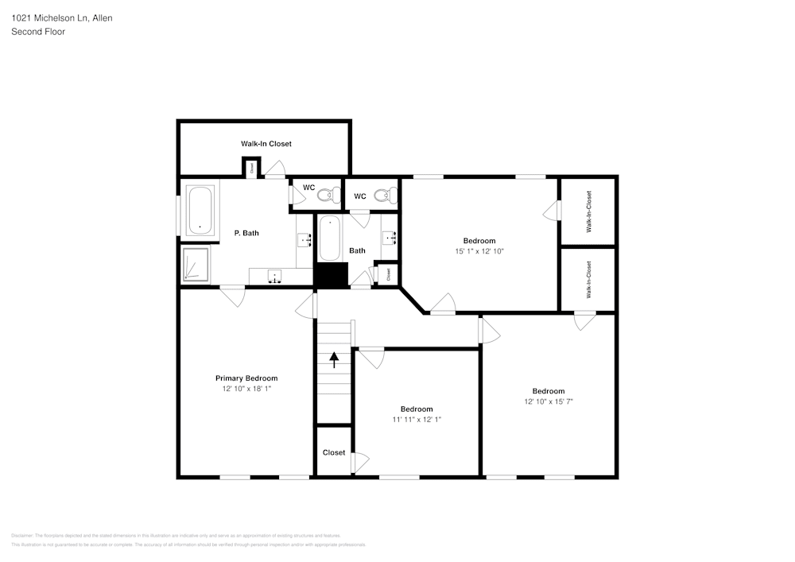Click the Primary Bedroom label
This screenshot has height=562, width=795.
pyautogui.click(x=246, y=378)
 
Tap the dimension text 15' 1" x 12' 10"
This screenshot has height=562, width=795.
pyautogui.click(x=479, y=251)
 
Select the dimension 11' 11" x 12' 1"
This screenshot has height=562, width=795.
pyautogui.click(x=417, y=419)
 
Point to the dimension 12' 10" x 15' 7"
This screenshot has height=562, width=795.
pyautogui.click(x=549, y=401)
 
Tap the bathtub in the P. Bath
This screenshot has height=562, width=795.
pyautogui.click(x=200, y=211)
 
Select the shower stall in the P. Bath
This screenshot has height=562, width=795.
pyautogui.click(x=196, y=264)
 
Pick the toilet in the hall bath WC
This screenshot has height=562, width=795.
pyautogui.click(x=383, y=195)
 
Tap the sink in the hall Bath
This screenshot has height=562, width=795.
pyautogui.click(x=390, y=237)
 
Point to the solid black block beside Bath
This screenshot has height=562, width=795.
pyautogui.click(x=332, y=275)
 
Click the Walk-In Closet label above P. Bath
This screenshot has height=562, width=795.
pyautogui.click(x=266, y=144)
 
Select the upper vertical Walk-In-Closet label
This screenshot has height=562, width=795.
pyautogui.click(x=589, y=211)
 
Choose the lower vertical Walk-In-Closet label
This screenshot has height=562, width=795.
pyautogui.click(x=589, y=280)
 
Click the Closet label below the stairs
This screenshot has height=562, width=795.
pyautogui.click(x=334, y=452)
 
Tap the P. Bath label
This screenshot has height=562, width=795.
pyautogui.click(x=246, y=233)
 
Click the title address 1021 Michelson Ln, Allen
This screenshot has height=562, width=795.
pyautogui.click(x=62, y=17)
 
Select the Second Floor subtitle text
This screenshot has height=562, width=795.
pyautogui.click(x=38, y=32)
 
